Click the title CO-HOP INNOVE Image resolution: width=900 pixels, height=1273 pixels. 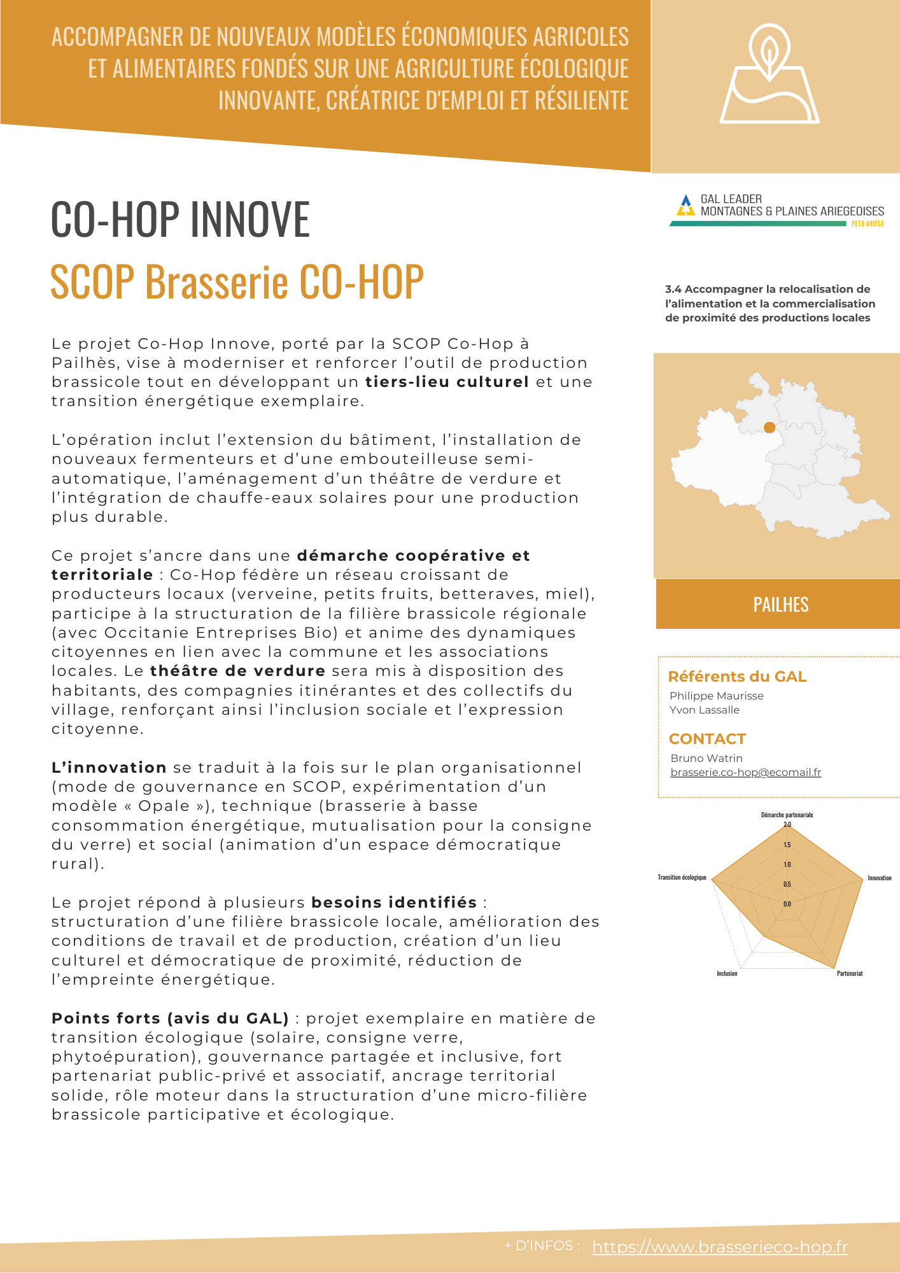point(180,220)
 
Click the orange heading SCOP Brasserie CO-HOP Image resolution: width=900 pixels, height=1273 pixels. point(237,281)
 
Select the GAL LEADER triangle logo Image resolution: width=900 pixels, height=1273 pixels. point(686,205)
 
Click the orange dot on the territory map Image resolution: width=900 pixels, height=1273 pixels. point(770,427)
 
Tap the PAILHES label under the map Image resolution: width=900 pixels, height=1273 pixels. point(780,605)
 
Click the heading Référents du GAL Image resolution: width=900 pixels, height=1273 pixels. point(737,677)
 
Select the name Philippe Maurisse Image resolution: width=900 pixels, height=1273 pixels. point(716,696)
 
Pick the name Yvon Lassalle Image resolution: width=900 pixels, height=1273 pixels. point(704,710)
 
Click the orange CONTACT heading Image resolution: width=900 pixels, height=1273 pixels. point(707,739)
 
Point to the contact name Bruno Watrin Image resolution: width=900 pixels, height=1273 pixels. point(707,758)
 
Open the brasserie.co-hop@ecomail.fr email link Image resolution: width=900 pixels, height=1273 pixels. point(745,772)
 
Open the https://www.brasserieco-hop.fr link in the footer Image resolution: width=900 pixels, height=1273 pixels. point(720,1247)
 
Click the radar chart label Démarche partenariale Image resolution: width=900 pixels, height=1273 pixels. point(787,815)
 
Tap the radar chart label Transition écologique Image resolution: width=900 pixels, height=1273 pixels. point(682,877)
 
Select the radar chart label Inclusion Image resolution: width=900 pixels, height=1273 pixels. point(727,973)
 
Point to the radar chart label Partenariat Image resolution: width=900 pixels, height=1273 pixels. point(850,973)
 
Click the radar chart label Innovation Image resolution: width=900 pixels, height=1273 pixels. point(880,878)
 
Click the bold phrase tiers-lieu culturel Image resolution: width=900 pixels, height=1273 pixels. point(447,382)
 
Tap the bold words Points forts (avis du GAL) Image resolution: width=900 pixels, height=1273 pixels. point(170,1018)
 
